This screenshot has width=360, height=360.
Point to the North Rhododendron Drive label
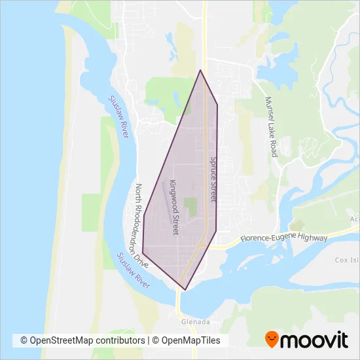pos(142,225)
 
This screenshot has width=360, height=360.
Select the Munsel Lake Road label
pos(271,127)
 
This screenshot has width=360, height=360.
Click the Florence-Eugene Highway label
pos(283,239)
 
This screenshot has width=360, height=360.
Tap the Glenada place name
pos(196,322)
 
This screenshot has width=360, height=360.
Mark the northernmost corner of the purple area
pos(200,70)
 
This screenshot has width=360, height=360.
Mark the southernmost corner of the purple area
pos(185,289)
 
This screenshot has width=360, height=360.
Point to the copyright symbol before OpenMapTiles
pos(156,340)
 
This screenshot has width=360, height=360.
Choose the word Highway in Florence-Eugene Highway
pos(312,238)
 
